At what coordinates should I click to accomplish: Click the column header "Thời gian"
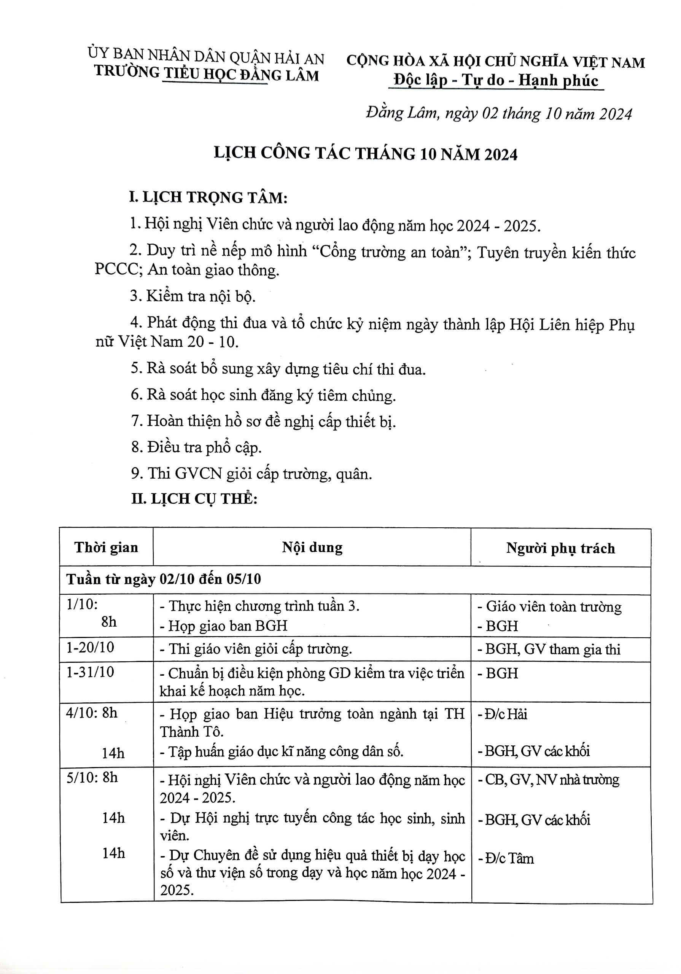click(x=106, y=547)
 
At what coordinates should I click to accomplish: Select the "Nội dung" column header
click(x=312, y=547)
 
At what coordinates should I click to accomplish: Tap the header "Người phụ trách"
click(x=560, y=548)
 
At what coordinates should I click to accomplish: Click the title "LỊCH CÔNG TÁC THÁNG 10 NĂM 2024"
click(x=365, y=154)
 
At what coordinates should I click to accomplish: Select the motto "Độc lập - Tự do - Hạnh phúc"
click(x=496, y=80)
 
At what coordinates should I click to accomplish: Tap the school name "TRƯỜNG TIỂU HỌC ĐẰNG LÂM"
click(x=206, y=74)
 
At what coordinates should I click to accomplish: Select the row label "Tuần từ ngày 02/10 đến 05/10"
click(x=163, y=579)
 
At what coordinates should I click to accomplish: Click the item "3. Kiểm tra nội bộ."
click(x=193, y=296)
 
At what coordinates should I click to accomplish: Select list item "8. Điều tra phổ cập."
click(x=196, y=447)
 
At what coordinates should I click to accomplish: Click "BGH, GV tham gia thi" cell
click(x=549, y=649)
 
